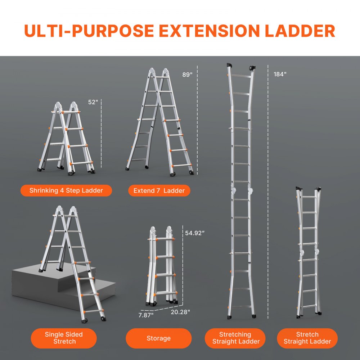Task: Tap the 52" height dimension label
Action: point(93,102)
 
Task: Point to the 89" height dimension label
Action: point(187,75)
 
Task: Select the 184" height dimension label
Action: point(280,75)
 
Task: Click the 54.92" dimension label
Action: point(195,233)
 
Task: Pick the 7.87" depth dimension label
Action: point(146,315)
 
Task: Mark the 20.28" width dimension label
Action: point(180,311)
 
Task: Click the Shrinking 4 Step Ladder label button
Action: point(66,190)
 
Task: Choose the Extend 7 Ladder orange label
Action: point(159,190)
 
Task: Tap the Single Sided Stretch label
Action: point(64,338)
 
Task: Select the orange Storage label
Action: point(158,338)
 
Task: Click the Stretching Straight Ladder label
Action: point(235,338)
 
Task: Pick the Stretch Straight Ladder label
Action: point(307,338)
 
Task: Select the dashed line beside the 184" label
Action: point(268,191)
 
